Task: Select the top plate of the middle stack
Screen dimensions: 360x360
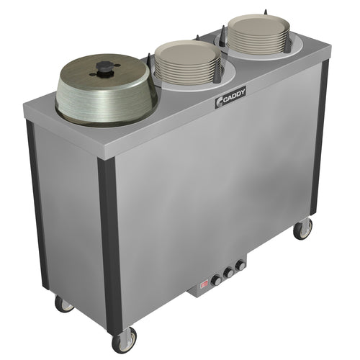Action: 188,53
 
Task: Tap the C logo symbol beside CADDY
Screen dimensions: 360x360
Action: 220,102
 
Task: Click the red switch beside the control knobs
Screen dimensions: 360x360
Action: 204,284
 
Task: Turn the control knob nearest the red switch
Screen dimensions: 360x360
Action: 217,280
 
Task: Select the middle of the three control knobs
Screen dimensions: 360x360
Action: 228,273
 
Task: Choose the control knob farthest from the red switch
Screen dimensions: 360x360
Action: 240,266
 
